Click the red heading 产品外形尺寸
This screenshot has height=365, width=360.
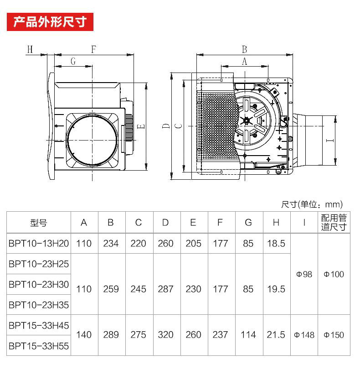(50, 22)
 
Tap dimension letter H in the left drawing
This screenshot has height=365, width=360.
(30, 49)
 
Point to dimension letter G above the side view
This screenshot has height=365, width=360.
(73, 61)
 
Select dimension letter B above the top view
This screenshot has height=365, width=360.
(244, 49)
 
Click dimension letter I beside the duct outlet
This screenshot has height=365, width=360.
(330, 141)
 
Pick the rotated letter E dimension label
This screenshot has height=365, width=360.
(141, 127)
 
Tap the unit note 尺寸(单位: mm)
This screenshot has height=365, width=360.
(312, 204)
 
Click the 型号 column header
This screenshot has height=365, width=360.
(39, 223)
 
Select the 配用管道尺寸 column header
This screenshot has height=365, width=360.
(334, 222)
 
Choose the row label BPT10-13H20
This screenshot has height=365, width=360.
(39, 244)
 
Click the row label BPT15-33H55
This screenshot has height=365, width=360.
(39, 346)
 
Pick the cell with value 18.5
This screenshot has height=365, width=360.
(276, 244)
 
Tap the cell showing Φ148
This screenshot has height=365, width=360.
(304, 335)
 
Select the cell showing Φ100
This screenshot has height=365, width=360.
(334, 274)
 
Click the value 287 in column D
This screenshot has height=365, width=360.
(165, 289)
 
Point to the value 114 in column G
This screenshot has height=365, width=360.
(248, 335)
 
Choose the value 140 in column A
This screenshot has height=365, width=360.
(84, 335)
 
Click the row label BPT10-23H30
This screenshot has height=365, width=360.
(39, 284)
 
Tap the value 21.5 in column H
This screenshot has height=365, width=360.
(276, 335)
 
